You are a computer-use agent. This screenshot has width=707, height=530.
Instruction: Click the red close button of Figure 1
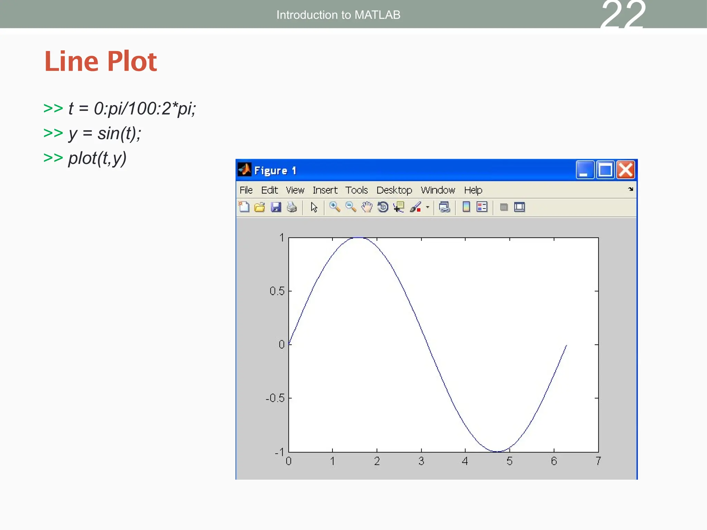point(626,170)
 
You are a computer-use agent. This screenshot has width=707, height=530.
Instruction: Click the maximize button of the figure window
point(606,170)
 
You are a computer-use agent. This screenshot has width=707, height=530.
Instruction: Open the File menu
point(246,190)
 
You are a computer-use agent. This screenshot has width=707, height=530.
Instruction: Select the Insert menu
point(325,190)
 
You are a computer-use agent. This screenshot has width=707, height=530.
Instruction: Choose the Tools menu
point(356,190)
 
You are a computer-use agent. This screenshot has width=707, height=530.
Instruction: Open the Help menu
point(473,190)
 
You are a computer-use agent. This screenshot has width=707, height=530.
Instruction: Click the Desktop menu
point(394,190)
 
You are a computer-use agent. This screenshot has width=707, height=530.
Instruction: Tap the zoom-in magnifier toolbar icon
point(334,207)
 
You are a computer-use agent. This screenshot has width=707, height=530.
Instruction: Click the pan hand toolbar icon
point(367,207)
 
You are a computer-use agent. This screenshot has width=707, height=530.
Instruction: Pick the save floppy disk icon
point(276,207)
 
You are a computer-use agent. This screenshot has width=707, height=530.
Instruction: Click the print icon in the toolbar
point(292,207)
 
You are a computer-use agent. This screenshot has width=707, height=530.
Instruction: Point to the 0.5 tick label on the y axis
point(277,291)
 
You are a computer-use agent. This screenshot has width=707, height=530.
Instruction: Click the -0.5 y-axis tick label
point(275,398)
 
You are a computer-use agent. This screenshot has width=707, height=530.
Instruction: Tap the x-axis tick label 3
point(421,461)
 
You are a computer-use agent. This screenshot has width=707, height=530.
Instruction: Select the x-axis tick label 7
point(598,461)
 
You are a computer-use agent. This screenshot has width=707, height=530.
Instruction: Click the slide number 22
point(623,16)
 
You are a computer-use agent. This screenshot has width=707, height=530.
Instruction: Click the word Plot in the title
point(132,61)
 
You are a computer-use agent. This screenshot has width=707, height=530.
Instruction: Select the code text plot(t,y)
point(97,158)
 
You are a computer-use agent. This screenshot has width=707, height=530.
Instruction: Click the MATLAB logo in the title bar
point(244,170)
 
